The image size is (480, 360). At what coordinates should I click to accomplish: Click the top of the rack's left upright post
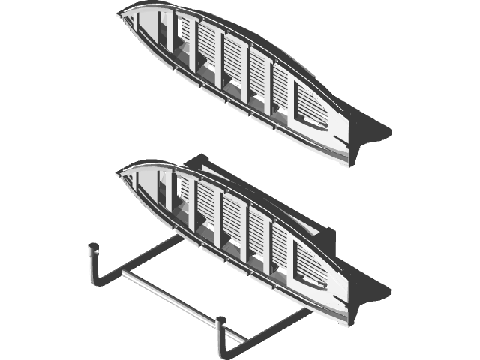(x=94, y=245)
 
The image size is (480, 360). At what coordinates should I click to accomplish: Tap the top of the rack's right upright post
(x=222, y=322)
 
